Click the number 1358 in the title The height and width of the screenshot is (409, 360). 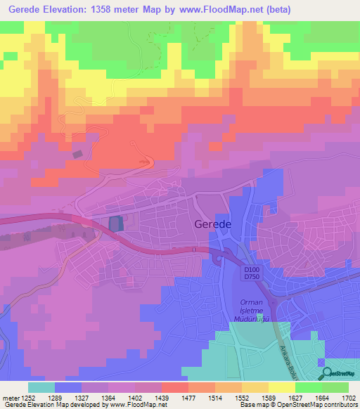click(115, 9)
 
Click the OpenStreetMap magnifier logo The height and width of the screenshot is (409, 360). click(325, 374)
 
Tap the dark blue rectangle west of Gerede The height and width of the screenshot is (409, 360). click(116, 223)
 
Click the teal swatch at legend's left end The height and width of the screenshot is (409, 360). click(41, 387)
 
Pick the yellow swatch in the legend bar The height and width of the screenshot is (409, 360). click(281, 387)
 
